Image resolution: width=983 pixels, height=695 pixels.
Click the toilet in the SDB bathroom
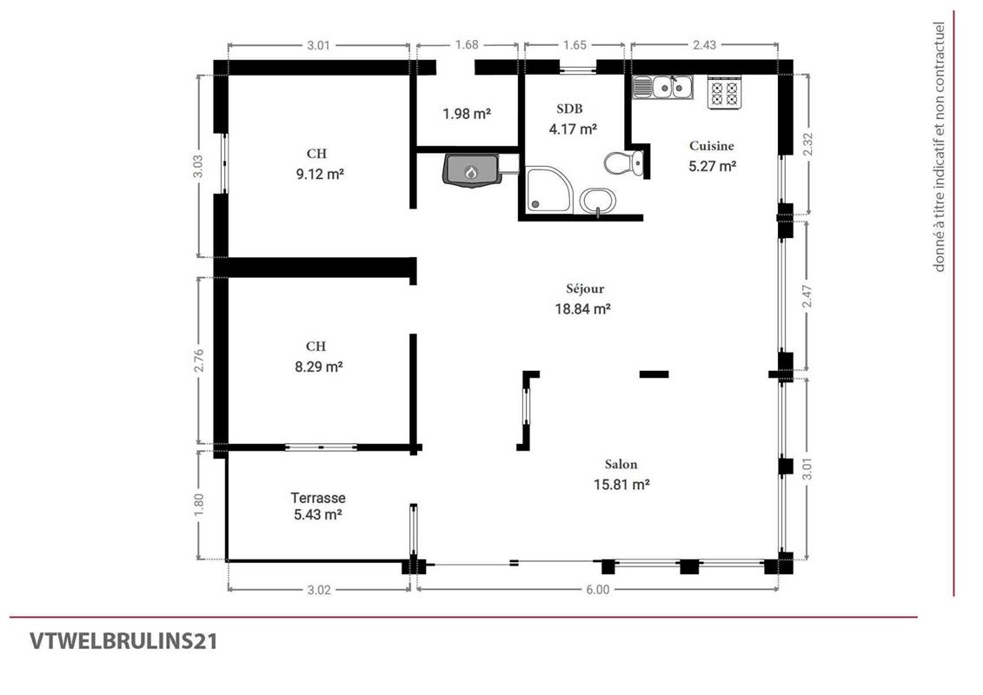click(x=623, y=163)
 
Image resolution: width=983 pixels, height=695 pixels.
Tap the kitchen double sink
click(x=662, y=87)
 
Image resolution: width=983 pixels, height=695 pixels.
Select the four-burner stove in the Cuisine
click(x=725, y=92)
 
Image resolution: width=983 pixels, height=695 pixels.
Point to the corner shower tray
click(x=548, y=189)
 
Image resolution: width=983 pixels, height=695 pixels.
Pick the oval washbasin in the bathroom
click(x=597, y=202)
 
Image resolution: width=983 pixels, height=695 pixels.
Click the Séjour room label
click(x=585, y=289)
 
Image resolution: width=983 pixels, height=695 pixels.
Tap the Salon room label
click(x=621, y=465)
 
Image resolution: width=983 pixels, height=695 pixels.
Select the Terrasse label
click(x=318, y=498)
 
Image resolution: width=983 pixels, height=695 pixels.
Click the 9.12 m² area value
click(x=320, y=174)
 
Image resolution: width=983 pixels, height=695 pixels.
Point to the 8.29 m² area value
click(x=318, y=367)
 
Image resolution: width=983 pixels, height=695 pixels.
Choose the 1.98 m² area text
click(x=467, y=114)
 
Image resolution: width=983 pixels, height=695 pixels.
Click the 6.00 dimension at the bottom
click(x=597, y=589)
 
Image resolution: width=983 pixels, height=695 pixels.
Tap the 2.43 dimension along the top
click(x=705, y=44)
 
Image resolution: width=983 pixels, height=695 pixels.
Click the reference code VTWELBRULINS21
click(x=123, y=641)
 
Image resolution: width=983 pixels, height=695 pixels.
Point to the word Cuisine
click(x=712, y=146)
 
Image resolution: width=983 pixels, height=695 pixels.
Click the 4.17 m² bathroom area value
click(x=573, y=129)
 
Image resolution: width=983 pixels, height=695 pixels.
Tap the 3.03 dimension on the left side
click(x=197, y=166)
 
